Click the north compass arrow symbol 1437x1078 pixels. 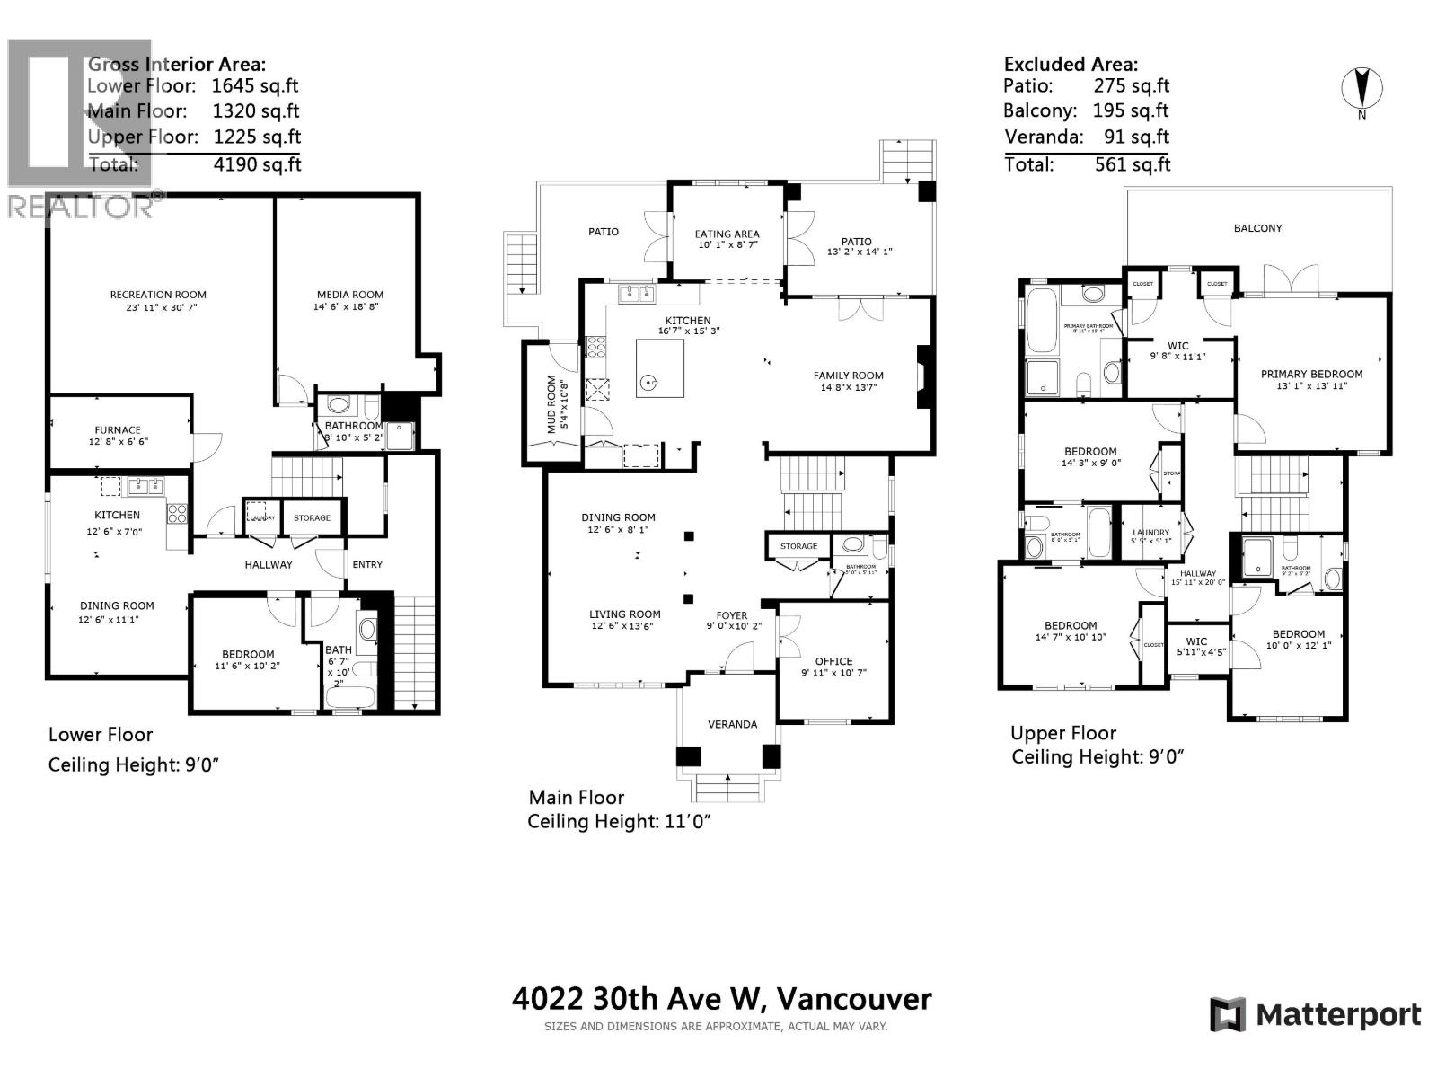coord(1362,89)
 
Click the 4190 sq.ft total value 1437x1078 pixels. coord(257,164)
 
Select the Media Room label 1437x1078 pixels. coord(349,295)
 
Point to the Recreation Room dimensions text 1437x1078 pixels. coord(158,307)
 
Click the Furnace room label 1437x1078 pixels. coord(118,430)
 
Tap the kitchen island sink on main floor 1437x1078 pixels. coord(648,384)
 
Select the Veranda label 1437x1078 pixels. coord(732,724)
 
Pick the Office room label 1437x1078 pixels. coord(833,661)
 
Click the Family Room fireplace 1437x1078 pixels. coord(921,377)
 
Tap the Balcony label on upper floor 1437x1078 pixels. coord(1257,228)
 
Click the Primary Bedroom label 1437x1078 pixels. coord(1311,375)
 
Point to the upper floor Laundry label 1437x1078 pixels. coord(1150,533)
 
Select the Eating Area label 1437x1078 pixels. coord(727,234)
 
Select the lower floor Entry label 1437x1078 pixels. coord(367,564)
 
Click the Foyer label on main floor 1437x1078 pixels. coord(732,616)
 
